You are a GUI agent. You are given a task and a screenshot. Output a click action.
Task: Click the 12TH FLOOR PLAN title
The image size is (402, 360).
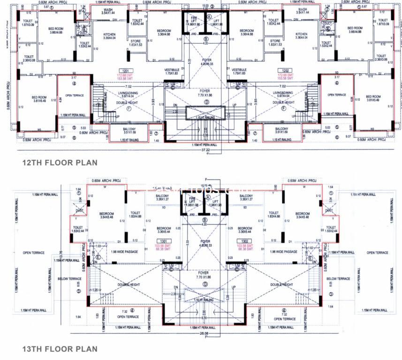60,163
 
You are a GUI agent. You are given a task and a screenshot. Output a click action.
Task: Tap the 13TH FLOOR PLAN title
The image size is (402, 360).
60,349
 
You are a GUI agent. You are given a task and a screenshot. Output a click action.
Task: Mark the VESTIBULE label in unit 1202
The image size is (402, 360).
239,71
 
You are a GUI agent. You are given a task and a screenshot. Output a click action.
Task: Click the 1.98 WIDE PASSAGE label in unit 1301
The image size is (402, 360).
124,252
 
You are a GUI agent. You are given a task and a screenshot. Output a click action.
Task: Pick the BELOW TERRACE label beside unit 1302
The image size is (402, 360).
339,278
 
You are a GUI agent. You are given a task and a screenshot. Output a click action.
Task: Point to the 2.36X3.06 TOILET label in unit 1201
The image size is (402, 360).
29,58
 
